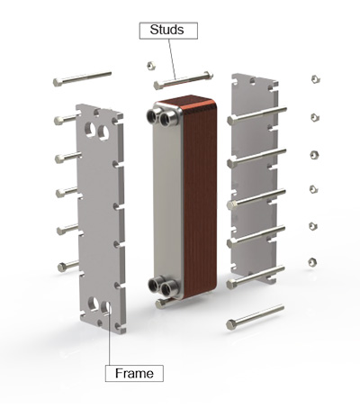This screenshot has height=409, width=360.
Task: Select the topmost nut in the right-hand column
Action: coord(315,79)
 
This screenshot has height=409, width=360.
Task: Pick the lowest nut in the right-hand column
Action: coord(311,261)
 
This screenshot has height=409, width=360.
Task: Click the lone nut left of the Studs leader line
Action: coord(150,66)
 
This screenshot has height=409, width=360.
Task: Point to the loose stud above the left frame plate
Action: coord(83,78)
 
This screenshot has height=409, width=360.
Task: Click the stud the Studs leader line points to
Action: coord(184,79)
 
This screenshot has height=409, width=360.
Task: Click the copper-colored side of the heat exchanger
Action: coord(199,198)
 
